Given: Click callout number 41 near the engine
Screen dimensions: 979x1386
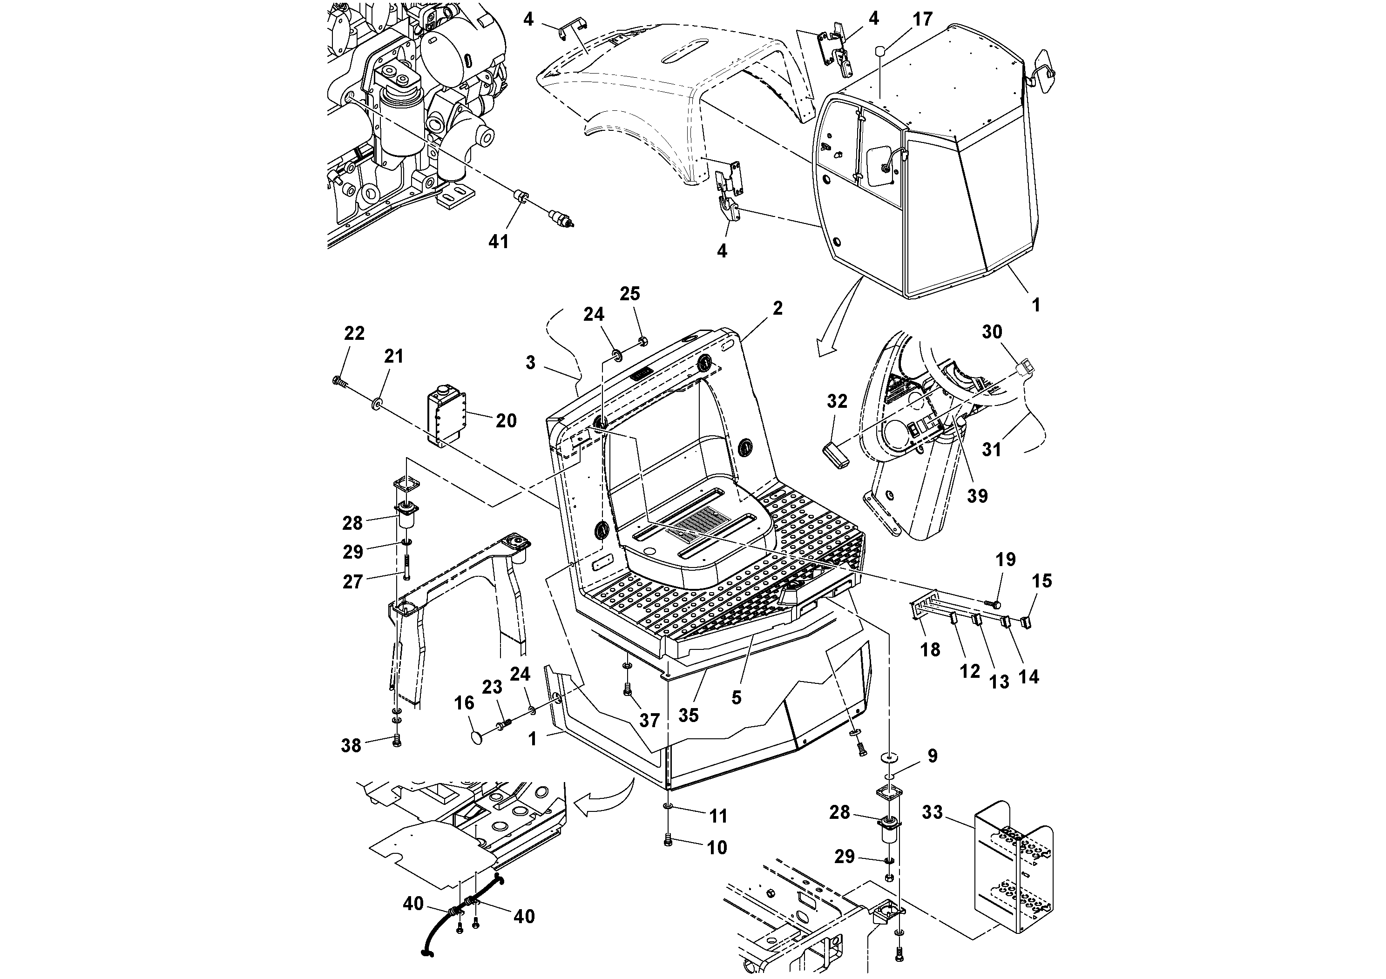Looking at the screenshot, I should (x=499, y=242).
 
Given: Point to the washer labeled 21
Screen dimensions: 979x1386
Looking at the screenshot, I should (x=377, y=403).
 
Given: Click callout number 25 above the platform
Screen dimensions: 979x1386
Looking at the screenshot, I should (x=629, y=293).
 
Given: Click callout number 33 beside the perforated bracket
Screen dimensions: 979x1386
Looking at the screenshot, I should (x=932, y=812).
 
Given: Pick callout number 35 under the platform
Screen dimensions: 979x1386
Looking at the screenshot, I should (x=688, y=715).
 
